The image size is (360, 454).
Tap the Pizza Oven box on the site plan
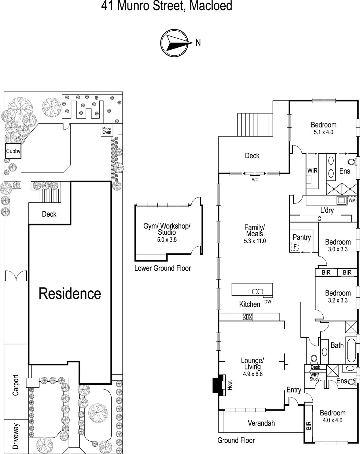point(107,131)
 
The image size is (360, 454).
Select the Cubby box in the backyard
point(13,151)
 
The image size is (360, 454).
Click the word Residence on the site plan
point(70,294)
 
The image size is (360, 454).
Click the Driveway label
point(16,436)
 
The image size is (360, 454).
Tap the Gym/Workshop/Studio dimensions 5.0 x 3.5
point(167,240)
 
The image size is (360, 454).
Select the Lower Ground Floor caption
point(162,268)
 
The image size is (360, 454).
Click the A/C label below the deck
point(255,180)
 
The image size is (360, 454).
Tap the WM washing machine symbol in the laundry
point(352,200)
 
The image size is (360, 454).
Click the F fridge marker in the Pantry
point(295,247)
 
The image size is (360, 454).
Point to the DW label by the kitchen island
point(268,302)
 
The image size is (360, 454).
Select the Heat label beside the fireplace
point(230,385)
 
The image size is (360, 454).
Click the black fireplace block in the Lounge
point(217,385)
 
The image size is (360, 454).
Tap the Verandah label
point(261,423)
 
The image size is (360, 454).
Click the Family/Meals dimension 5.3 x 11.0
point(255,241)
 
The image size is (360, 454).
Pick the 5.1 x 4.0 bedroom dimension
point(323,132)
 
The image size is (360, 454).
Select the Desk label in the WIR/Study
point(315,367)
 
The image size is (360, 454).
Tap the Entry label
point(294,390)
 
